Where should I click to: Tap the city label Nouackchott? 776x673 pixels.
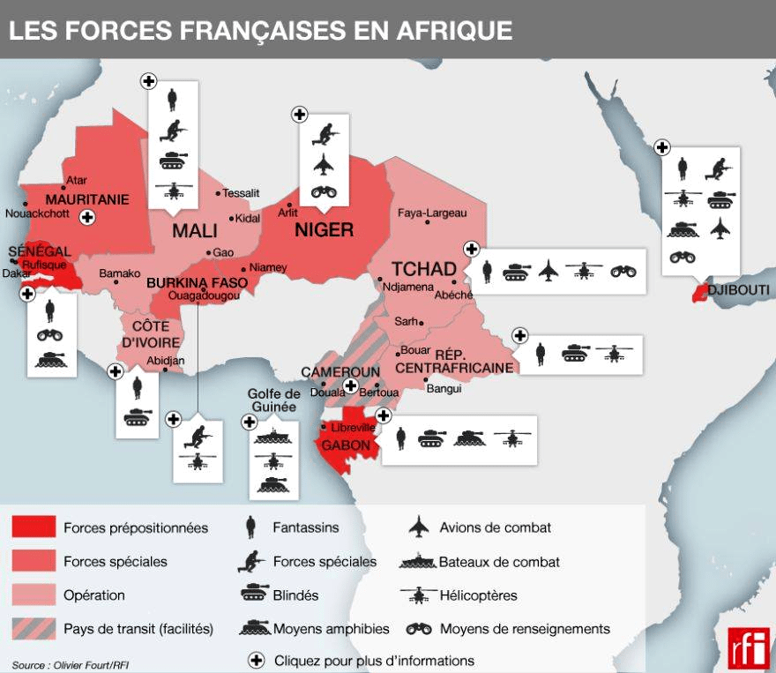click(x=37, y=213)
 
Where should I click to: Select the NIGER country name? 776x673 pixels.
click(x=324, y=230)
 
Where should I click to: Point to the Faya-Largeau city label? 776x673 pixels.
click(x=432, y=213)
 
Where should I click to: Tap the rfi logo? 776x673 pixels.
click(x=748, y=649)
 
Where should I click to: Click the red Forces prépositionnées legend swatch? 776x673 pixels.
click(x=34, y=527)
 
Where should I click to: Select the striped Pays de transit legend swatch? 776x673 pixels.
click(x=34, y=629)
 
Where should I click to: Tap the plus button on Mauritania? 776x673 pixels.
click(x=86, y=217)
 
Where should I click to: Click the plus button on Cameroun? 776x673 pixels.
click(x=350, y=385)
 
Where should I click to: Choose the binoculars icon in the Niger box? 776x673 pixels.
click(x=323, y=192)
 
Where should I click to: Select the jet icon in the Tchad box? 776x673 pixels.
click(x=548, y=271)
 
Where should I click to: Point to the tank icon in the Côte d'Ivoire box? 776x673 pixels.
click(x=138, y=417)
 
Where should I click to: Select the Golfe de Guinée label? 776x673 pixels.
click(x=273, y=400)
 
